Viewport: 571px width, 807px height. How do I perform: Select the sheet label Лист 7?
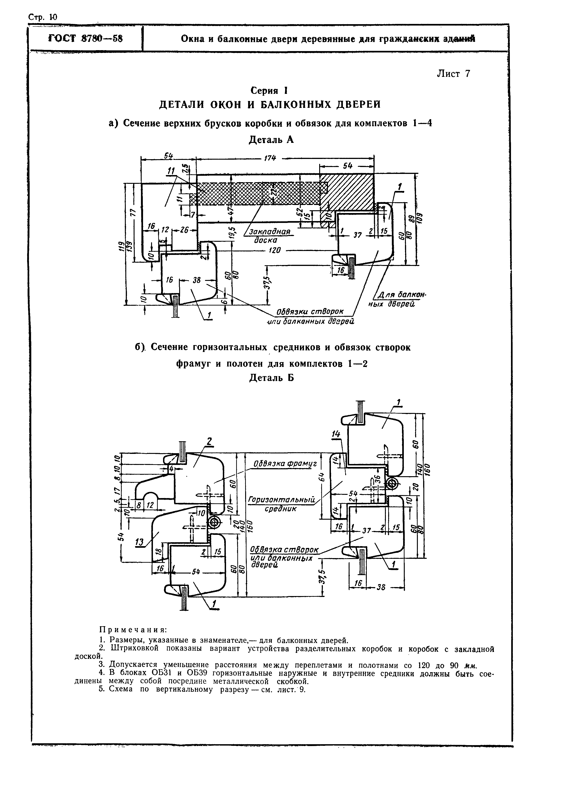click(453, 74)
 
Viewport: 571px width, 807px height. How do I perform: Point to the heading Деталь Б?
click(271, 378)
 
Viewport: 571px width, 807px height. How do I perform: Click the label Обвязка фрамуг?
click(285, 464)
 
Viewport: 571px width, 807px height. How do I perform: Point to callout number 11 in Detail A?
click(171, 171)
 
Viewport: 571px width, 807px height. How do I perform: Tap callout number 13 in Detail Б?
click(140, 543)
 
